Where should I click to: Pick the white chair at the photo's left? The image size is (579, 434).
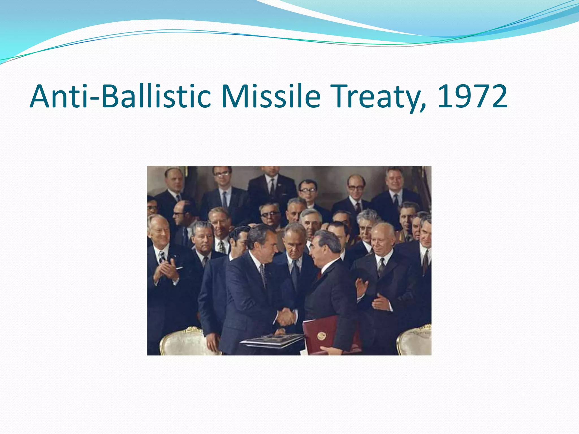pos(181,342)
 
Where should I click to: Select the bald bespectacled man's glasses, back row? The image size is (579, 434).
pos(356,187)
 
